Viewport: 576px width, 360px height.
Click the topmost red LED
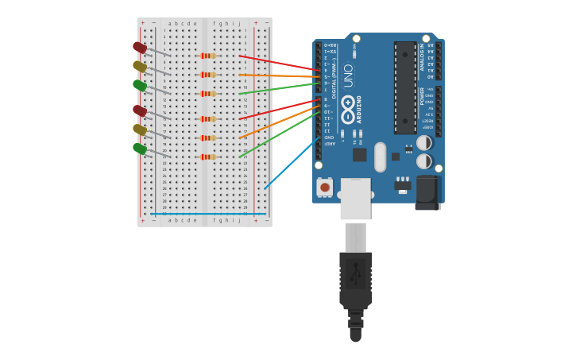[140, 48]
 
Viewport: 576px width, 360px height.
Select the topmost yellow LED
[140, 67]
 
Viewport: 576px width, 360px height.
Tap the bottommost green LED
[140, 149]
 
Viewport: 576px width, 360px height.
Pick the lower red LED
[140, 110]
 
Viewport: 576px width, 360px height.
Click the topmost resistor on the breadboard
[208, 56]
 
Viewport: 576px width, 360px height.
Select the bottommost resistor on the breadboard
[208, 157]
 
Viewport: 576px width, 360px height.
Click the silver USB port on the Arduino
[355, 198]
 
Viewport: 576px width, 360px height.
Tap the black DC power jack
[427, 193]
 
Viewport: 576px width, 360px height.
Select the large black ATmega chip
[404, 87]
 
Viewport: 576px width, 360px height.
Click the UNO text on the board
[348, 76]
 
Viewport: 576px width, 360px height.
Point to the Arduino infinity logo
[348, 114]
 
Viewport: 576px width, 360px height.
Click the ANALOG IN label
[422, 58]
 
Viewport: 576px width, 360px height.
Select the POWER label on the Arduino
[422, 96]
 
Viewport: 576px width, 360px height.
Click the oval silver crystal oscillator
[380, 157]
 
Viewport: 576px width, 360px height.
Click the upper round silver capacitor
[424, 143]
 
